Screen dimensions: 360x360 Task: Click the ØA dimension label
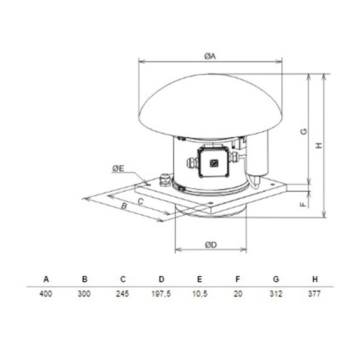tap(210, 56)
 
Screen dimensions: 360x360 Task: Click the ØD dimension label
tap(211, 245)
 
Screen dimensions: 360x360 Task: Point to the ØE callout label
tap(118, 168)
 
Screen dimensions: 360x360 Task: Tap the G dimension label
tap(303, 131)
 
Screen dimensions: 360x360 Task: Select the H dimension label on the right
tap(319, 145)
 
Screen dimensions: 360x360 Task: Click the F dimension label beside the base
tap(303, 204)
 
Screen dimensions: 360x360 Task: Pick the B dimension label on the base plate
tap(124, 206)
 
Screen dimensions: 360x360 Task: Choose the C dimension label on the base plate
tap(140, 201)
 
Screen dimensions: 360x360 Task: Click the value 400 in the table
tap(46, 294)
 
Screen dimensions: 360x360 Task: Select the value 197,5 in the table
tap(161, 294)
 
